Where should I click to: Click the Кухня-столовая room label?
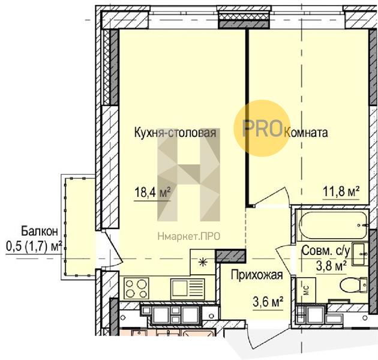point(175,133)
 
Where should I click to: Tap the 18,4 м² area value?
point(152,193)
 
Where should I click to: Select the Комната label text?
point(306,133)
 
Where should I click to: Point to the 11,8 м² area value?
point(341,193)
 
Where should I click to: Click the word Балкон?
point(40,231)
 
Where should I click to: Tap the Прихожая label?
point(257,275)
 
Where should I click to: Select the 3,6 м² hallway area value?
point(268,302)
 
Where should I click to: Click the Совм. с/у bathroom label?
point(325,251)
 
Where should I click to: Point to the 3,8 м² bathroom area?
point(331,266)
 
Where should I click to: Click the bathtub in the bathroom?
point(333,226)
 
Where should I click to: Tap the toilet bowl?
point(353,286)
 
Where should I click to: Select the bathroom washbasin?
point(360,254)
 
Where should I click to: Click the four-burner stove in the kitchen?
point(136,289)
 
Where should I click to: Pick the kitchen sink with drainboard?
point(187,289)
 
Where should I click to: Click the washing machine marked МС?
point(306,290)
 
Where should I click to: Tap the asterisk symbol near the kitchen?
point(203,262)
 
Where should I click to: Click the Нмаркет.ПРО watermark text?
point(189,236)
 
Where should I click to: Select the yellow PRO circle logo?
point(262,128)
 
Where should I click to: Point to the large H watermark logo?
point(188,175)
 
